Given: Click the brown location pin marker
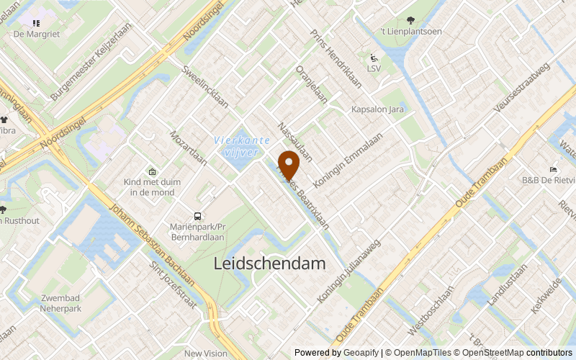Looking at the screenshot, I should click(289, 165).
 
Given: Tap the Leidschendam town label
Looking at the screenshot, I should click(269, 264).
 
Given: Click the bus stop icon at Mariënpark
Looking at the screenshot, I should click(197, 217).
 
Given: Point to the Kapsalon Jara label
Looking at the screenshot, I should click(377, 109).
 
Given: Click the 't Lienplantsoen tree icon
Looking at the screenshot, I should click(410, 20).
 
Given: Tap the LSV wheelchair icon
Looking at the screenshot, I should click(374, 58).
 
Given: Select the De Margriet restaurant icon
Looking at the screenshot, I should click(36, 22).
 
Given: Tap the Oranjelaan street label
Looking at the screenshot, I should click(312, 85).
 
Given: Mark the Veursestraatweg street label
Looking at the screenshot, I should click(521, 87).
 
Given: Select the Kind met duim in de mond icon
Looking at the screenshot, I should click(152, 171).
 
